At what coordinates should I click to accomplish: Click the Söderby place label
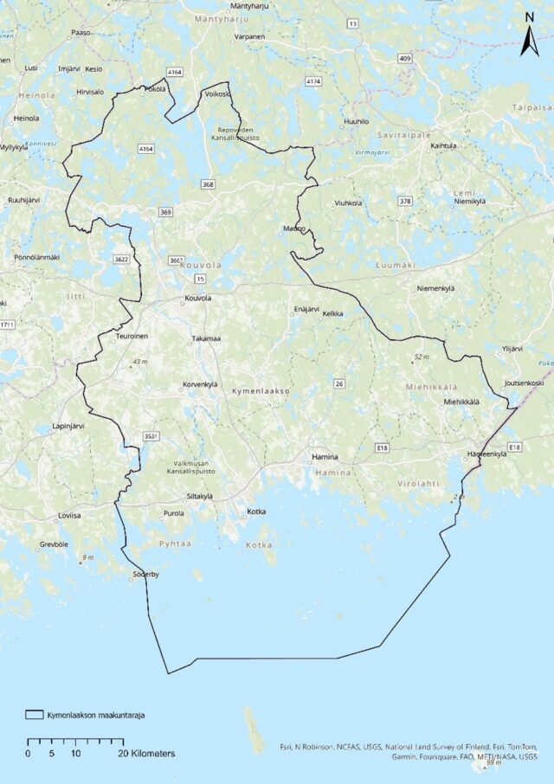(145, 575)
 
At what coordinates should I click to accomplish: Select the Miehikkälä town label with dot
(461, 402)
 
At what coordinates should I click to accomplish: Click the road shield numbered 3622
(121, 259)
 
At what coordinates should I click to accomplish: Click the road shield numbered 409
(404, 58)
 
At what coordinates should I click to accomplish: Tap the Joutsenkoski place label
(524, 382)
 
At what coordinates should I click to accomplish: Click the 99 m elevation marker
(495, 762)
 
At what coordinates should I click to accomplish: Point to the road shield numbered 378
(404, 201)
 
